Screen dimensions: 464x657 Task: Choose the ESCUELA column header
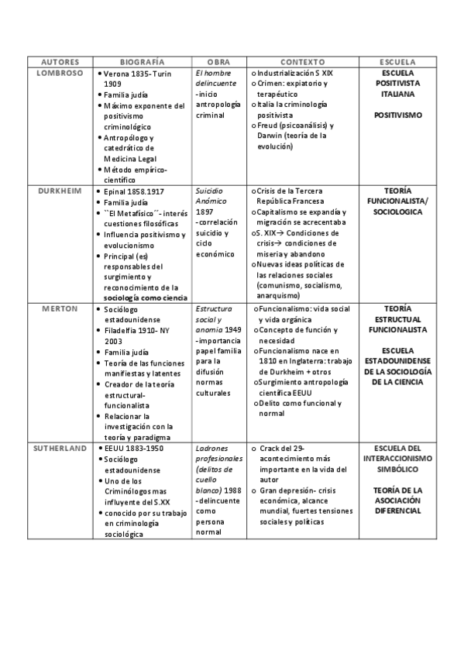point(397,61)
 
